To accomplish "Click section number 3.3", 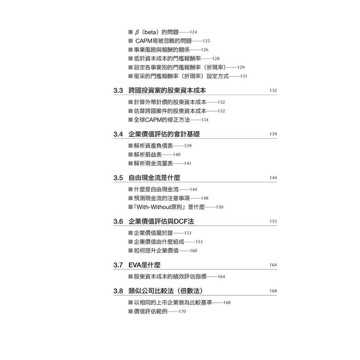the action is pos(118,90).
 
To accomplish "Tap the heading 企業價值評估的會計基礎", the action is pos(164,134).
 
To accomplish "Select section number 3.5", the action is pos(118,178).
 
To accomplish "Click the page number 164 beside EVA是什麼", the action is pos(273,265).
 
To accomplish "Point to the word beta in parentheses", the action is pos(151,32).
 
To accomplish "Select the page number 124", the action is pos(193,32).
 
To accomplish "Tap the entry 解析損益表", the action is pos(148,155).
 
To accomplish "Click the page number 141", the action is pos(188,163).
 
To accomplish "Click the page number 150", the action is pos(219,207).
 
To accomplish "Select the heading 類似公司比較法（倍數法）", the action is pos(165,291).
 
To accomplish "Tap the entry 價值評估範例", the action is pos(151,312).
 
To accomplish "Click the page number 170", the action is pos(182,312).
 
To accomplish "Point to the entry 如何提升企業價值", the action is pos(156,251).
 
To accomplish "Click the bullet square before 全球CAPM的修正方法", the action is pos(131,120).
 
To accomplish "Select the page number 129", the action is pos(241,67).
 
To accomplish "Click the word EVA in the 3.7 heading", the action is pos(135,265).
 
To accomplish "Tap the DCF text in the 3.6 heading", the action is pos(180,221).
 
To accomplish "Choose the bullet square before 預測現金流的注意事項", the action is pos(131,198).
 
